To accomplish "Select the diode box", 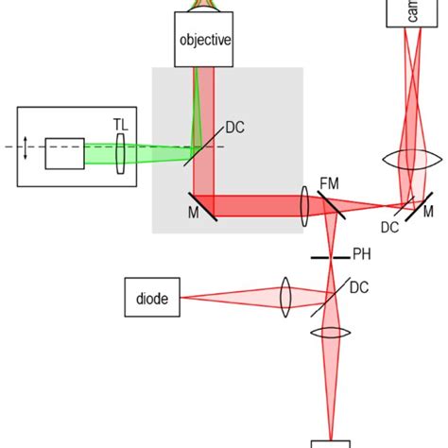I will pos(152,298).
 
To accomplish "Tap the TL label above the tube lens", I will pos(120,124).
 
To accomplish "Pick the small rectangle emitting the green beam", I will pos(64,152).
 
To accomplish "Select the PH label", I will pos(361,254).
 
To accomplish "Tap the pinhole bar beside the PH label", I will pos(330,255).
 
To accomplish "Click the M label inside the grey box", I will pos(193,212).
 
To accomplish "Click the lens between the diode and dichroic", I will pos(286,294).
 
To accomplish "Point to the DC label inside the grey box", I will pos(235,129).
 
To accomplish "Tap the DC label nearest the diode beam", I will pos(359,287).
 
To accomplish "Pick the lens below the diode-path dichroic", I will pos(331,333).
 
